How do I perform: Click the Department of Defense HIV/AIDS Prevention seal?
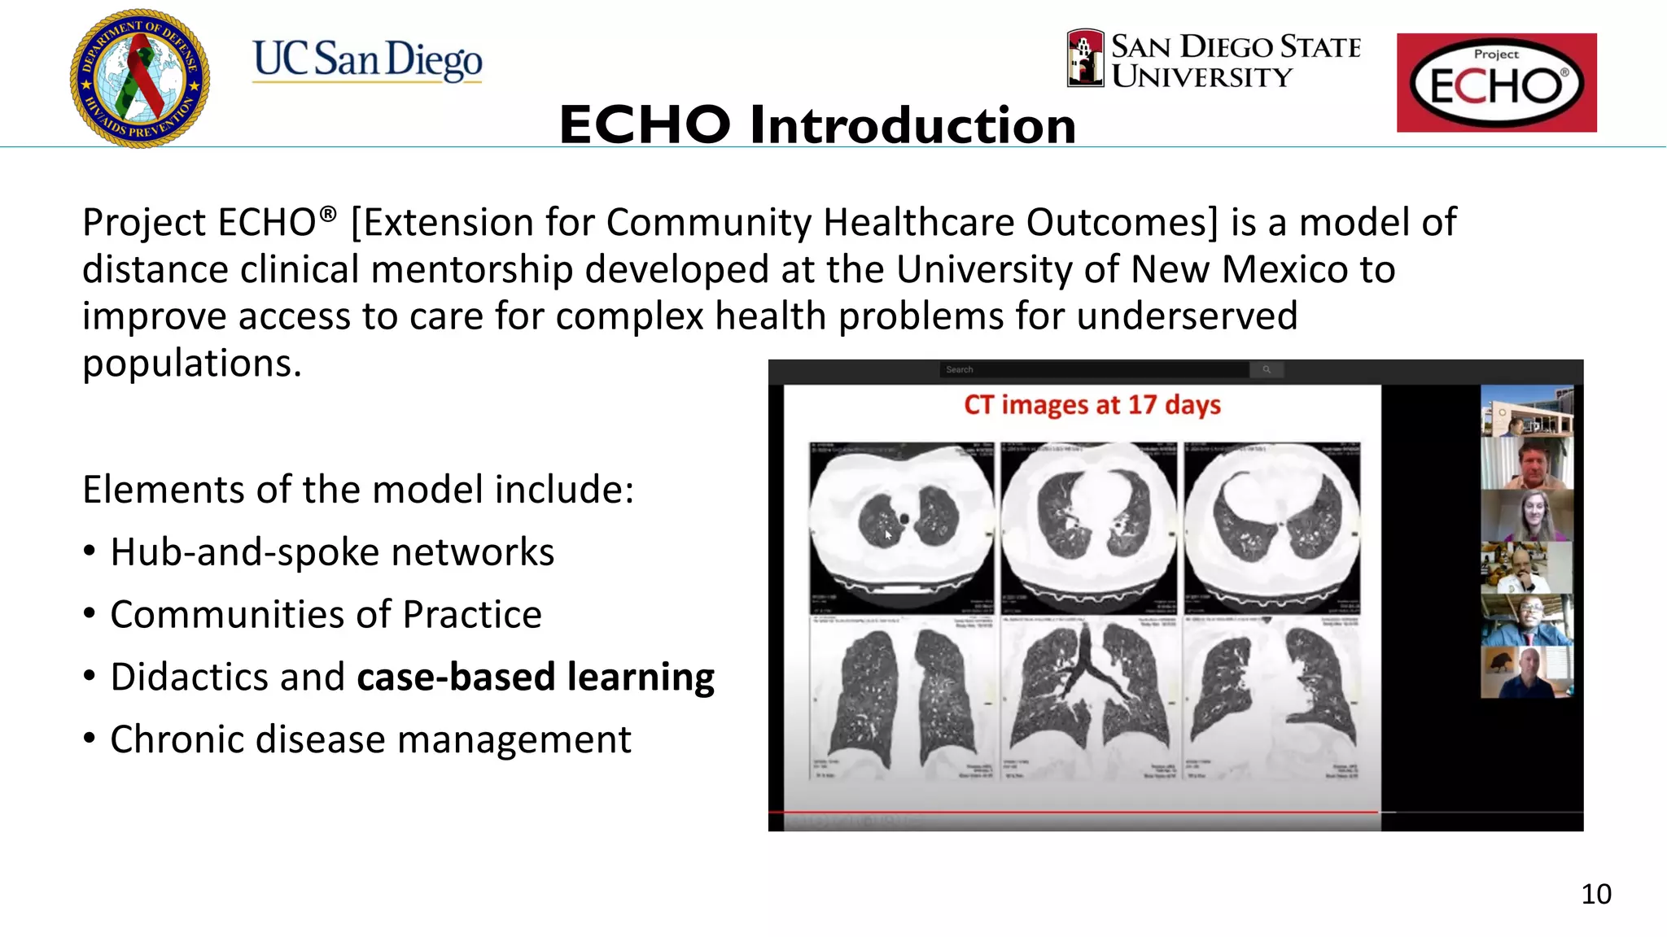click(140, 78)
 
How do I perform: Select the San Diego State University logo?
click(1214, 60)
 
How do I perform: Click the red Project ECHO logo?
click(1496, 83)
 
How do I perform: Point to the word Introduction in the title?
click(912, 125)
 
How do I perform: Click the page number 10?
click(1595, 894)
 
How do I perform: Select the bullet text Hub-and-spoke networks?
click(331, 552)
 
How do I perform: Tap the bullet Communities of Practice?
click(326, 615)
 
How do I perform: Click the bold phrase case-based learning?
click(535, 678)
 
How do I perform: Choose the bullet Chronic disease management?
click(370, 739)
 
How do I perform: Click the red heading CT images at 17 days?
click(1092, 404)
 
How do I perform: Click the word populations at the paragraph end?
click(191, 363)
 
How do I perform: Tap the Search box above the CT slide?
click(1094, 370)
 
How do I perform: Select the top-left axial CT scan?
click(901, 527)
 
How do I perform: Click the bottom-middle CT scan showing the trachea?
click(1088, 698)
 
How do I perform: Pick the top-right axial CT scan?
click(1271, 527)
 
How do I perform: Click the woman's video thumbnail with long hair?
click(1526, 516)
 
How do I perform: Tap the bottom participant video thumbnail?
click(1526, 672)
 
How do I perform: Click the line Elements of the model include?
click(357, 490)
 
